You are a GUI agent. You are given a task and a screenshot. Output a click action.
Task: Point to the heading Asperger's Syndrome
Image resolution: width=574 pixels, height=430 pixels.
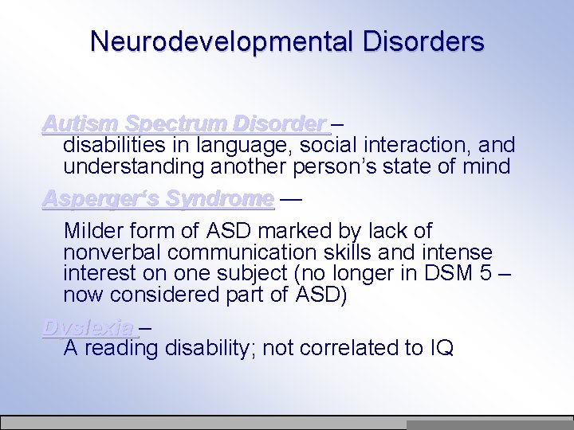click(x=158, y=197)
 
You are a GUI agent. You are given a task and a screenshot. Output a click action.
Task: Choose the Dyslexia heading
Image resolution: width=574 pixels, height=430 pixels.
click(x=90, y=327)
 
